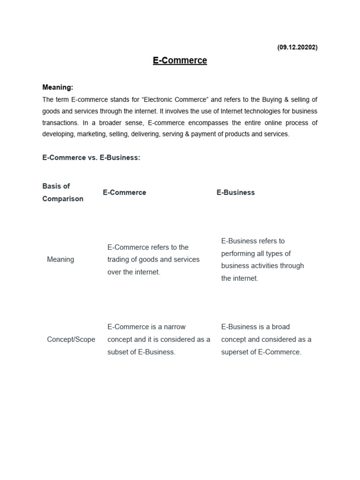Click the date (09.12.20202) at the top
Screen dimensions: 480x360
tap(297, 47)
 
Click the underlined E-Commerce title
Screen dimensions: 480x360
tap(180, 60)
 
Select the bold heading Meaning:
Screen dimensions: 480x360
tap(58, 87)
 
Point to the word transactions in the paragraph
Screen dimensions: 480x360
tap(60, 123)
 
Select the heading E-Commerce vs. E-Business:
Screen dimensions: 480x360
tap(91, 157)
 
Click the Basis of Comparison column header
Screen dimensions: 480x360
tap(63, 192)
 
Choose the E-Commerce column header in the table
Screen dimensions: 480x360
tap(124, 192)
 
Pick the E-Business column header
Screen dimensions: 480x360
tap(235, 192)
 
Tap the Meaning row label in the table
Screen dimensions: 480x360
tap(60, 259)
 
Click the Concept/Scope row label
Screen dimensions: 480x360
tap(71, 339)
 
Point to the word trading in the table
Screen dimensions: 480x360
tap(120, 259)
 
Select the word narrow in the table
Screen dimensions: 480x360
tap(175, 327)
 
